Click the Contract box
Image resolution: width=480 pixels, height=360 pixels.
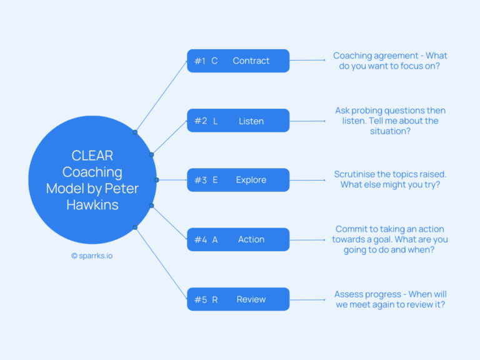[x=238, y=61]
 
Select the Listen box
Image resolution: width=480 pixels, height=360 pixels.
[x=238, y=121]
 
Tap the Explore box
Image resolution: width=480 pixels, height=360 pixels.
[x=238, y=180]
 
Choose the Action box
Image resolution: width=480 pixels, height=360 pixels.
[x=238, y=239]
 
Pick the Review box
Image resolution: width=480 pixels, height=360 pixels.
[x=238, y=299]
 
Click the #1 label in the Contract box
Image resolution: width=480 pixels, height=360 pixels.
[x=199, y=61]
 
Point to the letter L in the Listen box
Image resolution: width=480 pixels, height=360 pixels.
[x=216, y=121]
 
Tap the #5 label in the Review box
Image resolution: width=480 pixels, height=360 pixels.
[x=200, y=300]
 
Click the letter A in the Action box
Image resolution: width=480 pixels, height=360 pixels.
[x=215, y=240]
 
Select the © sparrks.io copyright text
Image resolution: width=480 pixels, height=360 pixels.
[x=92, y=256]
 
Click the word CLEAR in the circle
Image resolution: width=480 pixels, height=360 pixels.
[x=92, y=156]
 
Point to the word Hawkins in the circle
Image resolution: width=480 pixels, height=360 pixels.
[x=92, y=204]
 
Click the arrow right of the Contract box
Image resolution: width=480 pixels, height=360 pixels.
[x=307, y=61]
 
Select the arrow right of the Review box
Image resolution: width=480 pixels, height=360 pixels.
[x=307, y=299]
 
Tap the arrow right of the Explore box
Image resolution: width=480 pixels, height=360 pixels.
[x=307, y=180]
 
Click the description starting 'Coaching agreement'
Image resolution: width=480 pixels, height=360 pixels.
[x=390, y=61]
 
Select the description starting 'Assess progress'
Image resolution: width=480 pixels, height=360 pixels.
[x=390, y=299]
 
